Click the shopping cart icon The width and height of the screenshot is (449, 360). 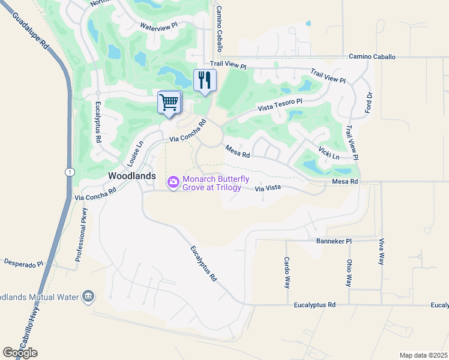point(169,102)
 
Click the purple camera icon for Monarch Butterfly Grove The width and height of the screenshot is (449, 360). point(173,181)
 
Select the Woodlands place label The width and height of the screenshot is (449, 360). point(132,176)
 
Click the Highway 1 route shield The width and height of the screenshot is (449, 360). point(70,172)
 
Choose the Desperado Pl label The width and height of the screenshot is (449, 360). point(24,263)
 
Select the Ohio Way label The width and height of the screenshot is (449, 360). point(349,272)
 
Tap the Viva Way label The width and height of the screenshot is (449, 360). point(381,251)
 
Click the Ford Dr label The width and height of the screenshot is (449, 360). point(369,103)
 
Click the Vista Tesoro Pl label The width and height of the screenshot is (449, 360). point(280,106)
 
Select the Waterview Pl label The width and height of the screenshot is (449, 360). point(159,26)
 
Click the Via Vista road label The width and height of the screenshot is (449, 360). point(268,188)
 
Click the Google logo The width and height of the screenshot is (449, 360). point(20,353)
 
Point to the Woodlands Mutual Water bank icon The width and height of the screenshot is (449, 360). point(88,296)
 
